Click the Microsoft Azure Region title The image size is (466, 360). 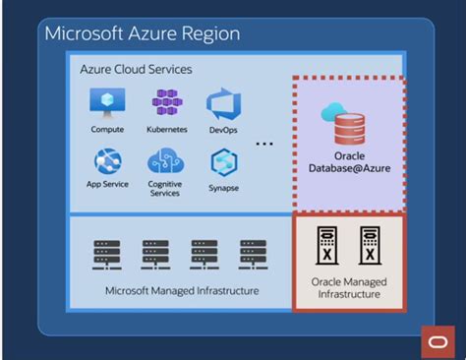[142, 34]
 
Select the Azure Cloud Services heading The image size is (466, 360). [136, 70]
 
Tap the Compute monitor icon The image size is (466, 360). [108, 102]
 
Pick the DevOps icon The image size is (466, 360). [222, 103]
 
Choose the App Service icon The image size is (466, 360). [108, 161]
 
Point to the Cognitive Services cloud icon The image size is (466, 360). [164, 161]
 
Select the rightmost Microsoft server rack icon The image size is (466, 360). [251, 255]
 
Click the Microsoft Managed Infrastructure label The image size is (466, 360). [182, 291]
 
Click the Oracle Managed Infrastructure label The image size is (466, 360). [349, 289]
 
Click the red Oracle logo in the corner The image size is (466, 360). [434, 339]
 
